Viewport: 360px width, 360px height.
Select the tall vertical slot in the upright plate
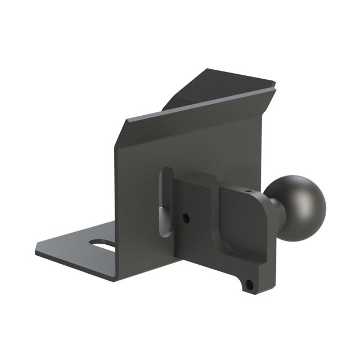(x=164, y=202)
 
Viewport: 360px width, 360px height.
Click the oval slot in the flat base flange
(x=102, y=244)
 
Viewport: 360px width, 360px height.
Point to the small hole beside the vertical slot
(x=187, y=218)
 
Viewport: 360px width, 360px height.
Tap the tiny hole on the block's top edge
(x=248, y=191)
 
